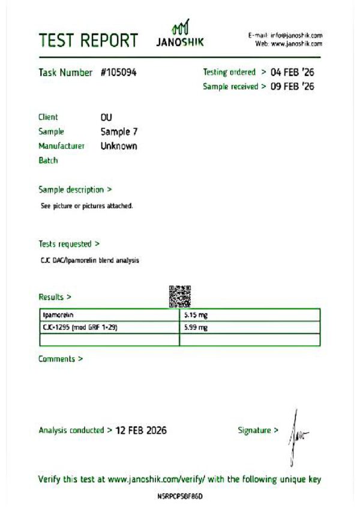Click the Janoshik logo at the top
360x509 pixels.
(x=180, y=35)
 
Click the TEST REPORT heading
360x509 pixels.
(x=88, y=41)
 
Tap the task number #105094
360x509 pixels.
(x=119, y=73)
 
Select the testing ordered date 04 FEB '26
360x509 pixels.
(x=292, y=72)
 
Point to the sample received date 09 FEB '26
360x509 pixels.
(x=292, y=86)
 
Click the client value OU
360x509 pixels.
(x=106, y=117)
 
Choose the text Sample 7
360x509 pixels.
(x=119, y=131)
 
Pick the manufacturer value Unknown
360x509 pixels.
(x=119, y=146)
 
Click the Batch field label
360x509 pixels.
(x=48, y=161)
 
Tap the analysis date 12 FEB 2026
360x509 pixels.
(x=141, y=430)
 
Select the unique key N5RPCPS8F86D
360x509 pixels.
(x=181, y=497)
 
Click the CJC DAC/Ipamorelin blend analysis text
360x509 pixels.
(x=90, y=261)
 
